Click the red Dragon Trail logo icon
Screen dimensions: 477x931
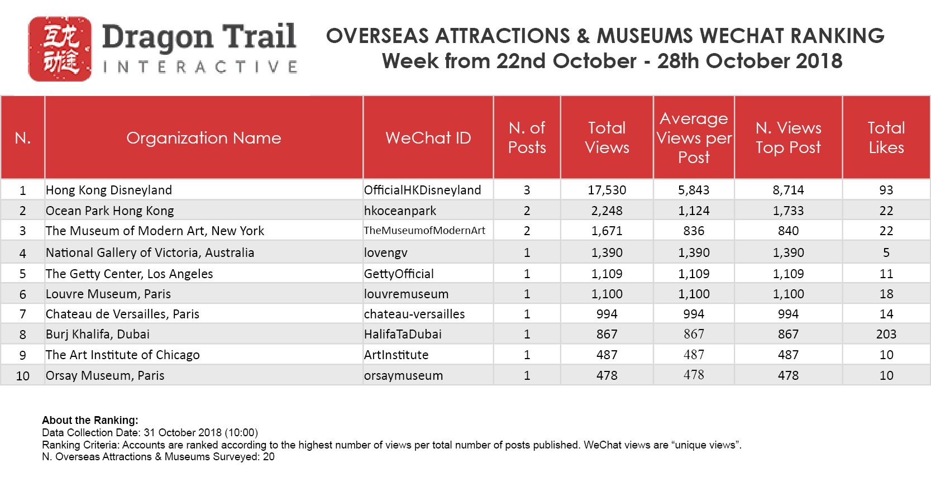tap(60, 49)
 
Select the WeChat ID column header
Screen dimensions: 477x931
tap(428, 138)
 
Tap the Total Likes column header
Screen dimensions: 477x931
tap(886, 138)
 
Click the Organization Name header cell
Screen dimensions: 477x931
tap(203, 138)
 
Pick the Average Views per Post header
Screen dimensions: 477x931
tap(694, 138)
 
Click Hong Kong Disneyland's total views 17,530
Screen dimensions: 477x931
tap(607, 190)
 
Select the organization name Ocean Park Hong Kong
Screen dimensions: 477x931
tap(109, 211)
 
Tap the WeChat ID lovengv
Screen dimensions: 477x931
tap(385, 252)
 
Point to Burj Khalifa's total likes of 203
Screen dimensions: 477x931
tap(886, 334)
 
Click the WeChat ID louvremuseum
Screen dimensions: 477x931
tap(406, 294)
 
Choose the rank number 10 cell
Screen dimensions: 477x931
tap(22, 375)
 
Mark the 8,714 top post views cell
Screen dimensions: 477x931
tap(788, 190)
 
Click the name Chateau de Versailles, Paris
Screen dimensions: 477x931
tap(122, 314)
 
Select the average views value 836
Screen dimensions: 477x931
tap(694, 231)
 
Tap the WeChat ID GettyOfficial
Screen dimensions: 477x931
tap(399, 274)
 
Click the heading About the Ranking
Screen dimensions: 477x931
tap(90, 420)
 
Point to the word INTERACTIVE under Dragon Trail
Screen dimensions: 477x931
tap(200, 68)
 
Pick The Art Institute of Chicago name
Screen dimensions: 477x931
tap(122, 355)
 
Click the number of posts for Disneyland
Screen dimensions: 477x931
tap(527, 190)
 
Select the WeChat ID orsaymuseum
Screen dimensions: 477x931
tap(403, 375)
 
